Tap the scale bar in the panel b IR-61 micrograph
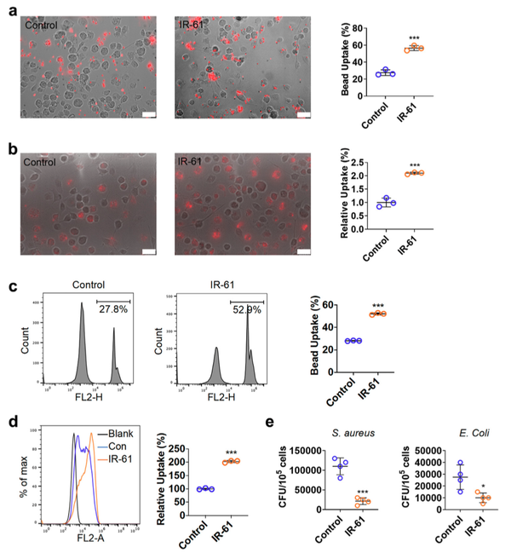pyautogui.click(x=302, y=251)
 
